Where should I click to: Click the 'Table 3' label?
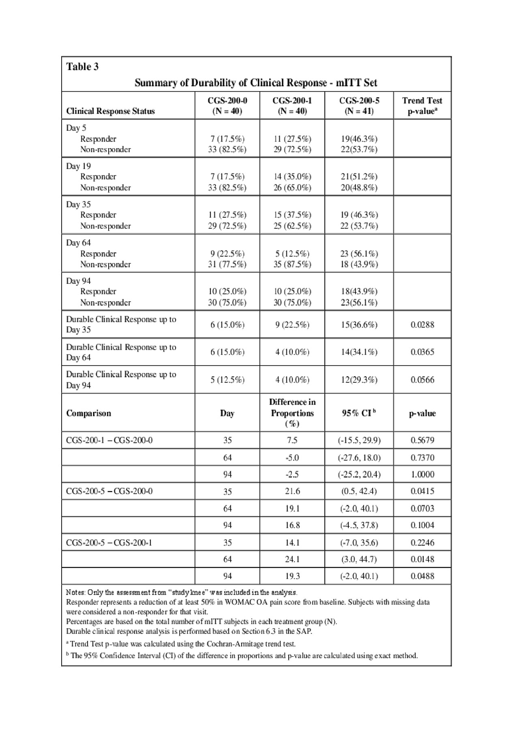(82, 66)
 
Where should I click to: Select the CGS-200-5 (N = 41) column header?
(359, 105)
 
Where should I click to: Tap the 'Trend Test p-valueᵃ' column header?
(422, 105)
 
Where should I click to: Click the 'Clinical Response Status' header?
(110, 111)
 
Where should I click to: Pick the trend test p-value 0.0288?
(422, 325)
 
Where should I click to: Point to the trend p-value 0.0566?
(422, 380)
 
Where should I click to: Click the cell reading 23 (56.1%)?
(359, 254)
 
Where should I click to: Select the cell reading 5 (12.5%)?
(292, 254)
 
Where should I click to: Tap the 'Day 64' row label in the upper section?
(79, 243)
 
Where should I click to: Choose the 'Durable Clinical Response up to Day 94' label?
(121, 379)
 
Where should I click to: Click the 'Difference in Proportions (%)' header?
(292, 413)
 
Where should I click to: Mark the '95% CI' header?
(359, 413)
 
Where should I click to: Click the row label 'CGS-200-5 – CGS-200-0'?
(109, 491)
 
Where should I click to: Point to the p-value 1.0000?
(422, 474)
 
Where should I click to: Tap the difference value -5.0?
(292, 458)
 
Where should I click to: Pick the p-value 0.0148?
(422, 559)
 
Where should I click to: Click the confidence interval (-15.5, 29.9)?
(359, 440)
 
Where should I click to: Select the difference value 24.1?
(292, 559)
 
